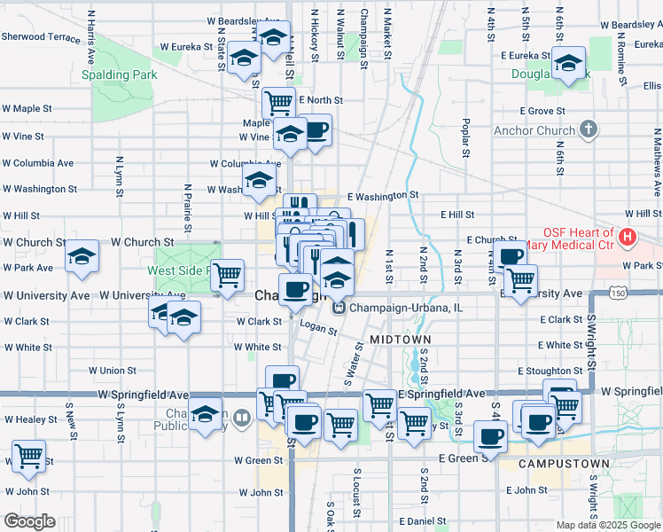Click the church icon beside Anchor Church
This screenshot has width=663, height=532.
(588, 130)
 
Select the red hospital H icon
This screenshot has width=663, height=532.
(628, 237)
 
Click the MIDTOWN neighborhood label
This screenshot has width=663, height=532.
(400, 340)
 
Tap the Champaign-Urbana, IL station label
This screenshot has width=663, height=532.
(406, 308)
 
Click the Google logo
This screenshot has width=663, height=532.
(29, 521)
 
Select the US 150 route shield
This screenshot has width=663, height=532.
(616, 293)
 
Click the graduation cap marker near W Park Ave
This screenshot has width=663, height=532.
(82, 256)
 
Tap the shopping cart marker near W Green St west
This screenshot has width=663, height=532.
(29, 456)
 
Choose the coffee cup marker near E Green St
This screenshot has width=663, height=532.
(491, 436)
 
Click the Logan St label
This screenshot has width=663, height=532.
(321, 330)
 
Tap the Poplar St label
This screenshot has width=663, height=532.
(464, 137)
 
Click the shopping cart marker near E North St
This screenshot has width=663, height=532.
(279, 101)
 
